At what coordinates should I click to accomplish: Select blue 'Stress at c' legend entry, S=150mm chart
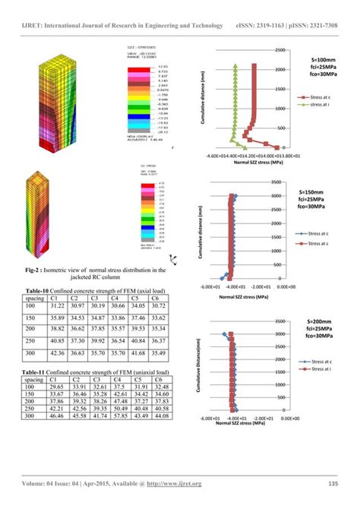coord(321,234)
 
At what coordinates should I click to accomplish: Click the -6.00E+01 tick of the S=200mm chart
coord(209,419)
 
